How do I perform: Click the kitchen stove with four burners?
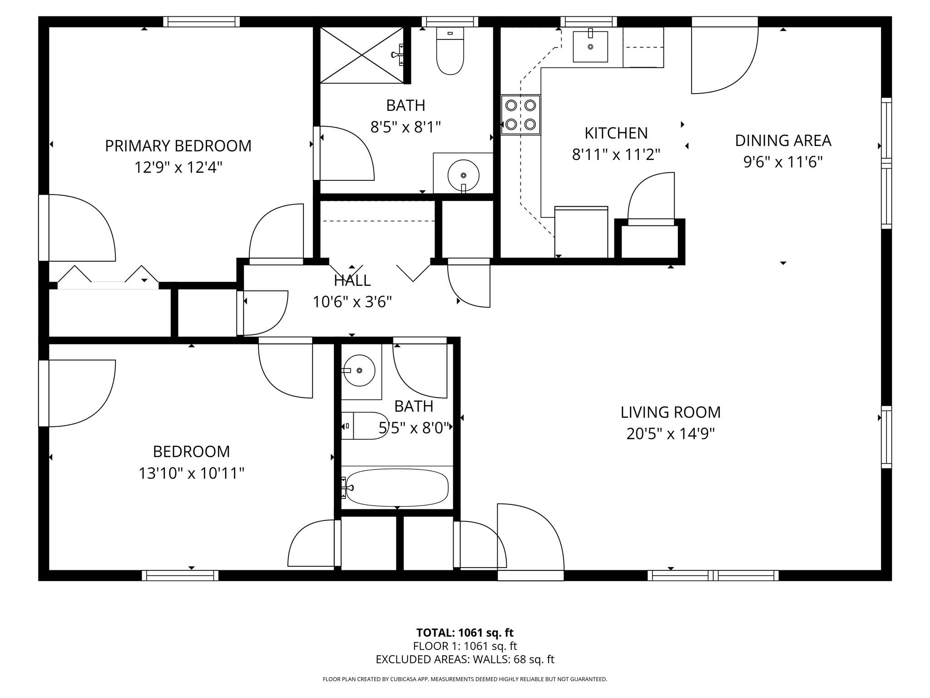(520, 115)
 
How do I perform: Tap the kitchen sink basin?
(590, 46)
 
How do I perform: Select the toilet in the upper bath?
(450, 51)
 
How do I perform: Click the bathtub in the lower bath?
(397, 488)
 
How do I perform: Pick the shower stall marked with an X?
(362, 55)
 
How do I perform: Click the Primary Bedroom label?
(178, 146)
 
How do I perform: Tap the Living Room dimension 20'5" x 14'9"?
(670, 434)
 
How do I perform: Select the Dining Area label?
(783, 140)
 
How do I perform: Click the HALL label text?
(352, 280)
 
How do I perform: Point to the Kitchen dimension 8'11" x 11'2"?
(616, 155)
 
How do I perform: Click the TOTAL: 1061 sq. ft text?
(465, 633)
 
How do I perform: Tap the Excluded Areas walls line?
(465, 659)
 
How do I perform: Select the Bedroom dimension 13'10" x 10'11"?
(191, 474)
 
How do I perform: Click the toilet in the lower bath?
(365, 426)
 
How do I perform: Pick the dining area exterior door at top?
(724, 57)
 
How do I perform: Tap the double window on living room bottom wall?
(713, 576)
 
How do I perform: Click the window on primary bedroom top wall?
(201, 21)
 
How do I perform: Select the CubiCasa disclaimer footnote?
(465, 679)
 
